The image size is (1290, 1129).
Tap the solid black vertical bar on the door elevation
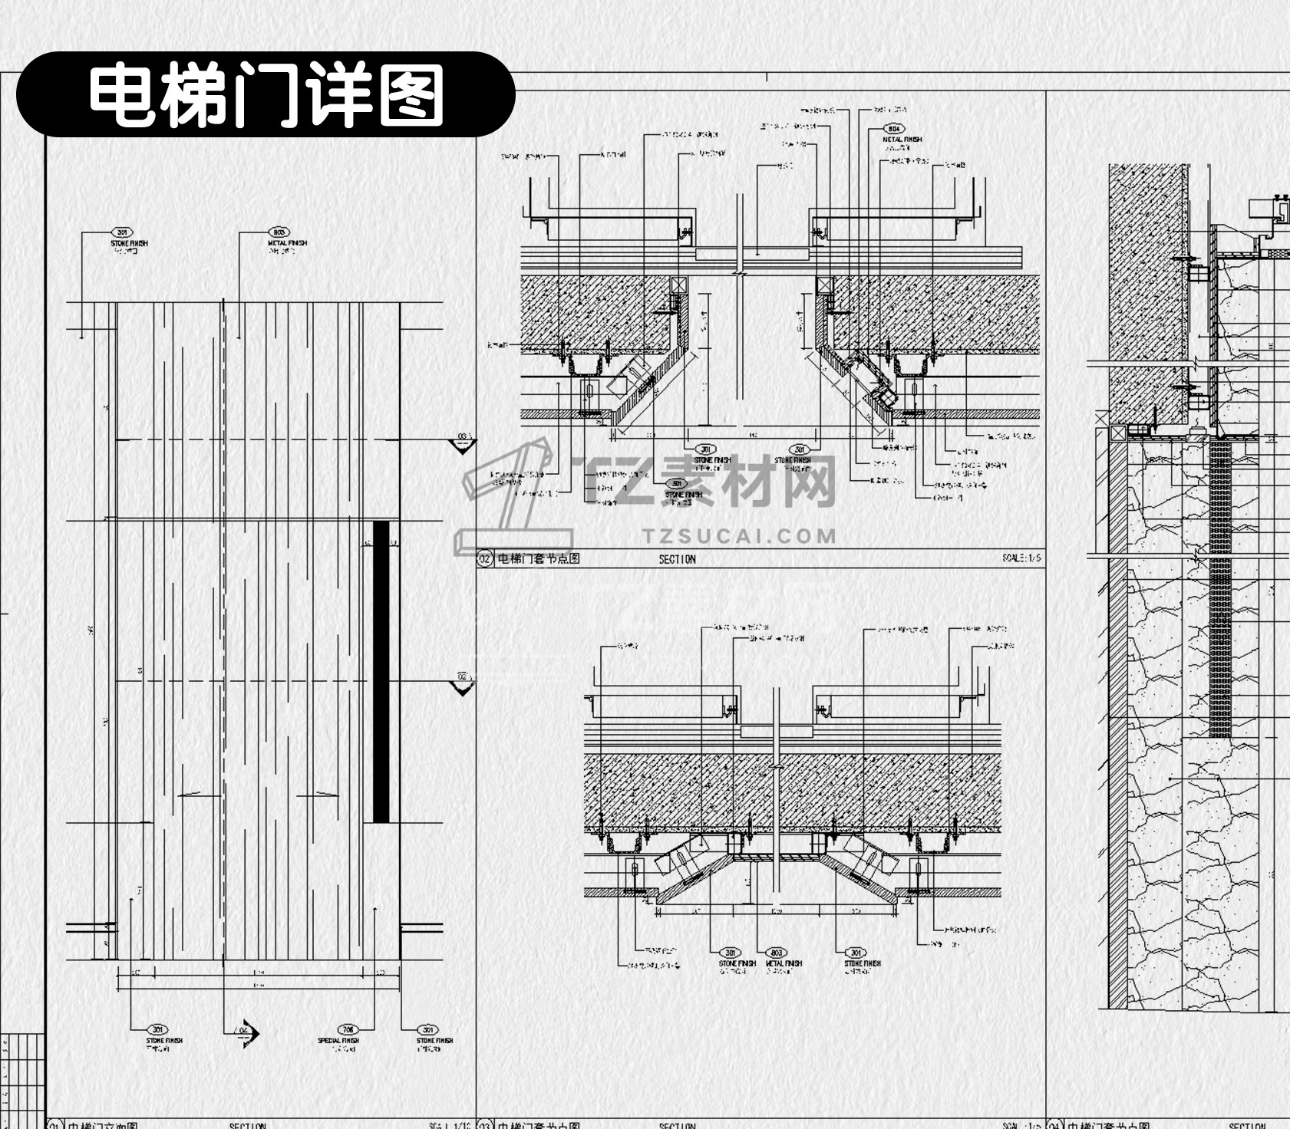(381, 671)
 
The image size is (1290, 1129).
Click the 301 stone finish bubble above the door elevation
(121, 232)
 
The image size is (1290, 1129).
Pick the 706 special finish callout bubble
(348, 1030)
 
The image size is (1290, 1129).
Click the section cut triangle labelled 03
(462, 443)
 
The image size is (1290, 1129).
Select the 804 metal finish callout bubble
(893, 129)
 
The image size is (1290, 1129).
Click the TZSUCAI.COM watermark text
(739, 535)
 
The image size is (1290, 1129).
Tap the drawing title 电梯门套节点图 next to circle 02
(538, 558)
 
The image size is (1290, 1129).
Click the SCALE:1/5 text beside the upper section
(1021, 558)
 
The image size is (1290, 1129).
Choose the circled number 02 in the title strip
(484, 558)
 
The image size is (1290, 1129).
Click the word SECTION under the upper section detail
(677, 559)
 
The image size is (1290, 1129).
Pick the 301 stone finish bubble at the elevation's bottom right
(427, 1030)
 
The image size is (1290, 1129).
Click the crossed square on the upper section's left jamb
(679, 285)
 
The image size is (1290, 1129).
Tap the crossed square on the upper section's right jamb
(824, 285)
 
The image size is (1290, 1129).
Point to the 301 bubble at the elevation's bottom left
(157, 1030)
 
